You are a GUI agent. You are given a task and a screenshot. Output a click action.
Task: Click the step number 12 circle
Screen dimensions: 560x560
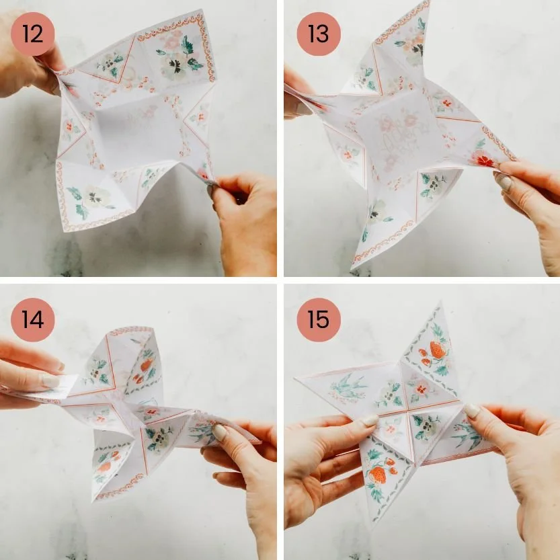tap(32, 34)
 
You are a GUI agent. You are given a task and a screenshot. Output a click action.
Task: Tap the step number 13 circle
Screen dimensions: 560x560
tap(319, 34)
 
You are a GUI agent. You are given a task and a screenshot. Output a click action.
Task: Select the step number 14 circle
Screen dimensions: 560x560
tap(32, 319)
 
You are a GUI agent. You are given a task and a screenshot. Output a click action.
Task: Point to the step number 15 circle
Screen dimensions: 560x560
tap(319, 319)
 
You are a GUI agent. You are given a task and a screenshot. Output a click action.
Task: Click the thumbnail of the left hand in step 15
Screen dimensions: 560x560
tap(369, 421)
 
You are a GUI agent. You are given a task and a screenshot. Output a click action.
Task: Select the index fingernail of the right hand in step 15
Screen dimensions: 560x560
tap(471, 411)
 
